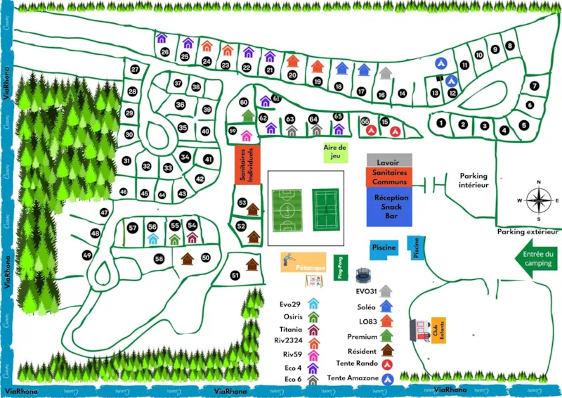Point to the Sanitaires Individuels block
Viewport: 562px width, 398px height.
(247, 165)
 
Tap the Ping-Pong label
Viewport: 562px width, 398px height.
(341, 268)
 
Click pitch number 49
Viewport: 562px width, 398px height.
(87, 255)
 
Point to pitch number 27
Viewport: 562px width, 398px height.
(135, 70)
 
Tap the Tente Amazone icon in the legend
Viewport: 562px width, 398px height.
(386, 379)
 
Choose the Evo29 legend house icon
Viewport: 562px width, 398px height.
(313, 304)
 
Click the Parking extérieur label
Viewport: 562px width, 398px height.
(528, 231)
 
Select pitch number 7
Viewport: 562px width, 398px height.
(534, 86)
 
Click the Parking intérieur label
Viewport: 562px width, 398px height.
(473, 181)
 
